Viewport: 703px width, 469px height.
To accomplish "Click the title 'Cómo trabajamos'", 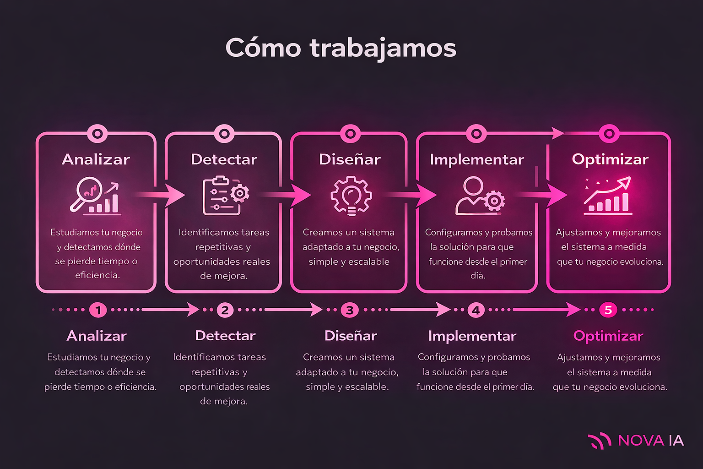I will (341, 48).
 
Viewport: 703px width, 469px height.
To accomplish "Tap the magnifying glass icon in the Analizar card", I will (88, 193).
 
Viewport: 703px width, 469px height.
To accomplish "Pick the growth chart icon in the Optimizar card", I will (608, 196).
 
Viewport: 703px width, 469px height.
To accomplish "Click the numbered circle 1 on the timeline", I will (98, 310).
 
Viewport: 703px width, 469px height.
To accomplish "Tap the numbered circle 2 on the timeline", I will (225, 310).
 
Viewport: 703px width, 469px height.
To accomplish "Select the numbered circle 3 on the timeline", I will (350, 310).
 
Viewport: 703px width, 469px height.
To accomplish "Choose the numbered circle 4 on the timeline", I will (476, 310).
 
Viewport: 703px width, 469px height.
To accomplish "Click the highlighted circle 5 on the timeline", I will (608, 310).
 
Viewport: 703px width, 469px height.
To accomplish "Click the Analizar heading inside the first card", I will (96, 159).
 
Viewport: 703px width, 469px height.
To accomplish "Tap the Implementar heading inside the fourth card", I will (477, 159).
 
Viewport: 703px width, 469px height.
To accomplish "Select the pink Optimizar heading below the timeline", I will (608, 336).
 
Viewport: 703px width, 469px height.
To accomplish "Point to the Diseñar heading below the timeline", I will (351, 336).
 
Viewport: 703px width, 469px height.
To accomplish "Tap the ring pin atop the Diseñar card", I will (350, 134).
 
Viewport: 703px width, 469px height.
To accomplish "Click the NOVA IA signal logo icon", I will (599, 441).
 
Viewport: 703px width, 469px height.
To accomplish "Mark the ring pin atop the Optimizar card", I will (609, 134).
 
